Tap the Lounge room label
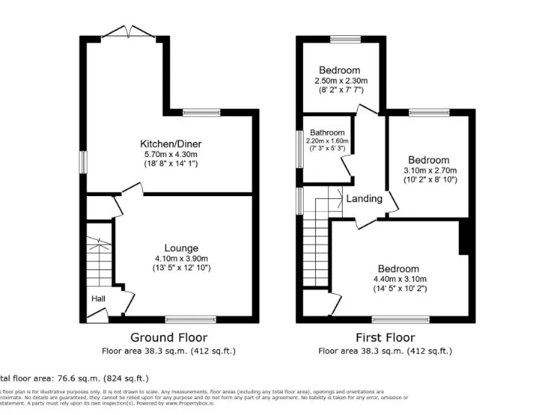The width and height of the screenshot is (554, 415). [x=180, y=249]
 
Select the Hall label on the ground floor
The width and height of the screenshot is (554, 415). [x=98, y=298]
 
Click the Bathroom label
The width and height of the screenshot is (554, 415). [x=327, y=133]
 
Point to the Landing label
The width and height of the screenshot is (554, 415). [x=364, y=198]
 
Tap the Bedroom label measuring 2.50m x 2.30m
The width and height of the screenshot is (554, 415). [x=340, y=71]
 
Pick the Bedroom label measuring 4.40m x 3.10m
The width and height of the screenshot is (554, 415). [x=396, y=269]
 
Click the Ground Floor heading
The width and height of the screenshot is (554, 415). [x=168, y=337]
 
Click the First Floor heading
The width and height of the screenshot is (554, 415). [x=385, y=337]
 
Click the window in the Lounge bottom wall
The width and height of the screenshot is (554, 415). [x=190, y=318]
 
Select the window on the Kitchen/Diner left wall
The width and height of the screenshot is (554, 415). [x=82, y=161]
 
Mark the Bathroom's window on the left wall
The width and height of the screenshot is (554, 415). [x=299, y=148]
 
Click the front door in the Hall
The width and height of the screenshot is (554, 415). [x=97, y=315]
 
